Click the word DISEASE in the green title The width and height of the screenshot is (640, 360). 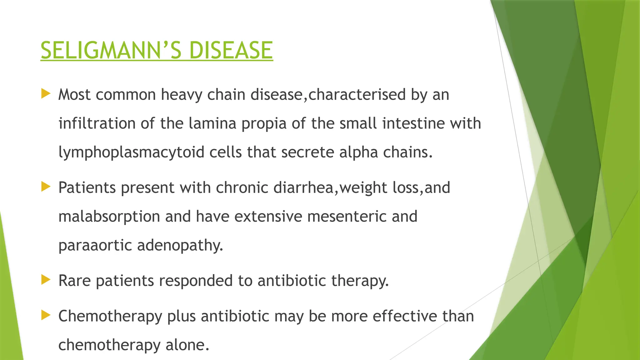click(231, 51)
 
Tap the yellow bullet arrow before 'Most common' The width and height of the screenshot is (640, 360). click(46, 94)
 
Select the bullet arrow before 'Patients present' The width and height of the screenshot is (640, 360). click(46, 187)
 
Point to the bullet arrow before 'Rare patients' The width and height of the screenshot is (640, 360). click(46, 280)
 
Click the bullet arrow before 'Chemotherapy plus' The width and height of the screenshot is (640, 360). click(46, 315)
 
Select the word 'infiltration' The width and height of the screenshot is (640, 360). click(97, 123)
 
